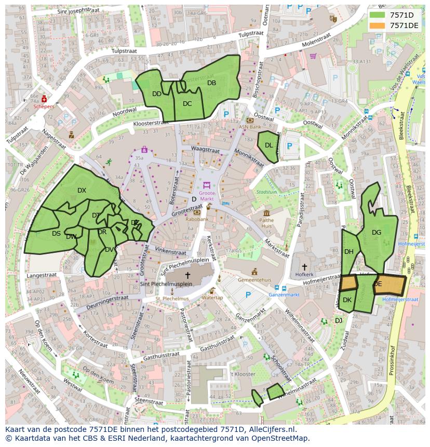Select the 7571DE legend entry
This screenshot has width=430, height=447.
(404, 25)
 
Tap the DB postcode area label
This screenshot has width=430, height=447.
(211, 83)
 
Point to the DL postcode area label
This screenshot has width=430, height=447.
(268, 145)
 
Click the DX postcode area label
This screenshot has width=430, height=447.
(82, 191)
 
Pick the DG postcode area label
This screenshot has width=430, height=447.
(377, 233)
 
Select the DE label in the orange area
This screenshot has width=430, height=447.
(378, 284)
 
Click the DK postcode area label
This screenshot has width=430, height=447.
(347, 300)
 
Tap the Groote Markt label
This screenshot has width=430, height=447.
(207, 196)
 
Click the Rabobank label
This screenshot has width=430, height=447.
(197, 219)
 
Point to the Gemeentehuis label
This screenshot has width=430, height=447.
(254, 279)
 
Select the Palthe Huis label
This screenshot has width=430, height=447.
(266, 223)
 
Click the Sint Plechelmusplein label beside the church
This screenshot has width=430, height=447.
(166, 284)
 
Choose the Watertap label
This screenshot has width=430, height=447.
(212, 297)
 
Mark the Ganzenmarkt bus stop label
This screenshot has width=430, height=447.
(284, 295)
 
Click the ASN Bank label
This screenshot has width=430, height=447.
(250, 127)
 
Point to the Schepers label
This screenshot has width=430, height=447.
(44, 106)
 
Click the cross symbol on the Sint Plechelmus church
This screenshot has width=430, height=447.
(187, 275)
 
